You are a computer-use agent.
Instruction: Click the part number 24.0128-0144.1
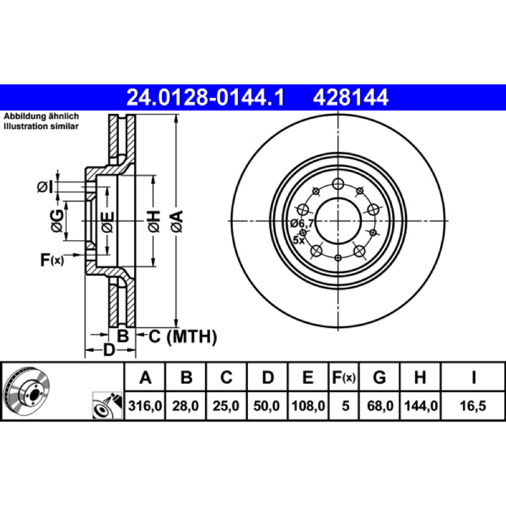(x=206, y=97)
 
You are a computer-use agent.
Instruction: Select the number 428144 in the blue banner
(x=350, y=97)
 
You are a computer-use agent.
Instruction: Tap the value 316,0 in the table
(x=145, y=405)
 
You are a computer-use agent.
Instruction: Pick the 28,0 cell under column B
(x=185, y=405)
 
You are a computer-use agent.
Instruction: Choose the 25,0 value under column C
(x=226, y=405)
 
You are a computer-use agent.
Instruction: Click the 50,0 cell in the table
(x=266, y=405)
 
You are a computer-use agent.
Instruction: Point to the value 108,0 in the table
(x=308, y=405)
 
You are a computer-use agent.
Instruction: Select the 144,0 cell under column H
(x=421, y=405)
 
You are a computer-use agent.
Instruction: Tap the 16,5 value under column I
(x=472, y=405)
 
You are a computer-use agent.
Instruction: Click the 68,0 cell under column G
(x=380, y=405)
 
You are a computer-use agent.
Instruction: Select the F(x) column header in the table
(x=344, y=377)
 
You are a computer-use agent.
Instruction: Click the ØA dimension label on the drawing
(x=177, y=221)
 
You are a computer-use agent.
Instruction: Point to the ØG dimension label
(x=57, y=221)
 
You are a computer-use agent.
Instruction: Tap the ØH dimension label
(x=154, y=221)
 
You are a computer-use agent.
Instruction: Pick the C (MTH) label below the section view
(x=183, y=336)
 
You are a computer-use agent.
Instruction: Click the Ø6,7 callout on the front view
(x=302, y=223)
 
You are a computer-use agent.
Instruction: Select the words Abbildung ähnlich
(x=41, y=116)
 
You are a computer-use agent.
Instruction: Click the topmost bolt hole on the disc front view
(x=338, y=184)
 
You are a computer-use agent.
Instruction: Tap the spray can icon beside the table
(x=108, y=405)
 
